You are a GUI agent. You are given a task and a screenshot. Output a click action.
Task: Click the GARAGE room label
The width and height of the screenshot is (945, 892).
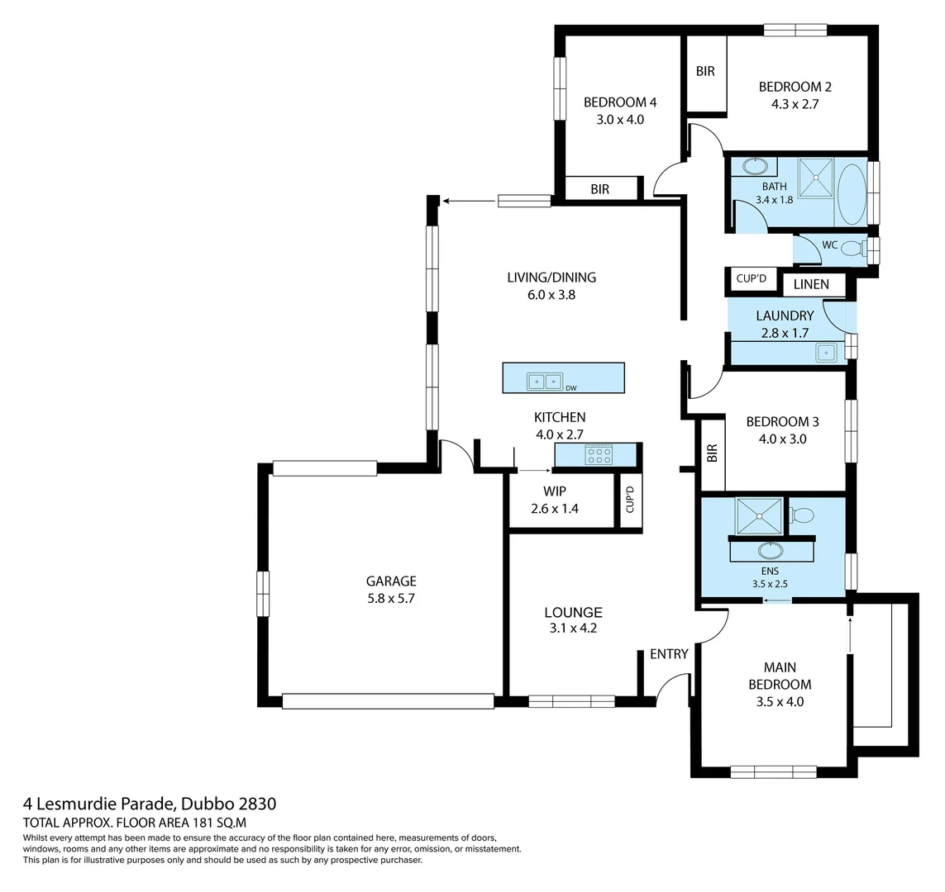(392, 581)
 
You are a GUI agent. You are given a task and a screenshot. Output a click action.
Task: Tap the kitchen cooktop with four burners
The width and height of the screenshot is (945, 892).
(598, 454)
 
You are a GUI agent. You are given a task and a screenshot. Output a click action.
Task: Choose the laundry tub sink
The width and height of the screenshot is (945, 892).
(826, 353)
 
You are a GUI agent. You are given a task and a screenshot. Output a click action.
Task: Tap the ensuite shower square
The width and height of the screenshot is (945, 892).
(759, 516)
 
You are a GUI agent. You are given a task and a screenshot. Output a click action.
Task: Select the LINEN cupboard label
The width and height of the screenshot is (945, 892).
(811, 285)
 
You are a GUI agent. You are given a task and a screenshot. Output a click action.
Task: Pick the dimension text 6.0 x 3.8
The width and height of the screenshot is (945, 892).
(551, 294)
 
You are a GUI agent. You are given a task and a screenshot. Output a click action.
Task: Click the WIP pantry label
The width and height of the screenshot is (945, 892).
(555, 491)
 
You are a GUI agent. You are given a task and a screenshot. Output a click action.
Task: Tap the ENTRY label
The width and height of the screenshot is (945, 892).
(669, 654)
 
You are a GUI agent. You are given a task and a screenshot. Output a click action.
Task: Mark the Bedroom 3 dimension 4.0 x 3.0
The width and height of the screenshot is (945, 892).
(776, 439)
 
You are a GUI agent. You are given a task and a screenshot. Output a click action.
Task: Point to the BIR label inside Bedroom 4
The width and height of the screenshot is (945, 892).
(599, 189)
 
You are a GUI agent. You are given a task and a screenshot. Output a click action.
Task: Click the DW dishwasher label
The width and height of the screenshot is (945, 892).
(570, 387)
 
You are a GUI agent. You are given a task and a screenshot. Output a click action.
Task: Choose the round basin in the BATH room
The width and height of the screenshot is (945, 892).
(755, 166)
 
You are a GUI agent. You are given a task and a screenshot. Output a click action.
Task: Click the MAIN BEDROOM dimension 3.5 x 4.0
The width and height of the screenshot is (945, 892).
(779, 702)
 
